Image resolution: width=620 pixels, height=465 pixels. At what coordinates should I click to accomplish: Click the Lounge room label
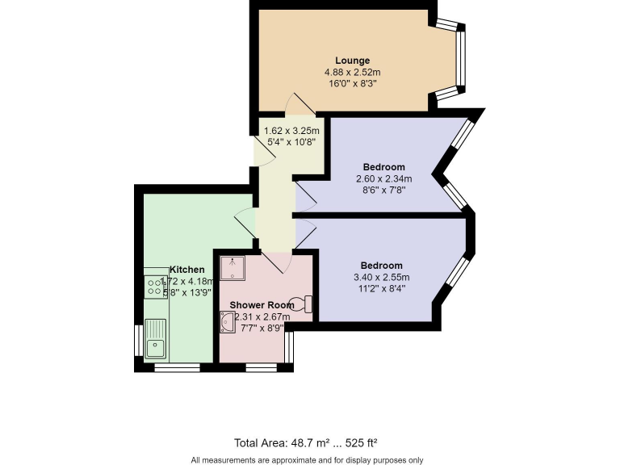[353, 61]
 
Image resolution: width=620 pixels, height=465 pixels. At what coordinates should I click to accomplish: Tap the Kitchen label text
[186, 270]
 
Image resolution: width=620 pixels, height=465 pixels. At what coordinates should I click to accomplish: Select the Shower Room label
[262, 305]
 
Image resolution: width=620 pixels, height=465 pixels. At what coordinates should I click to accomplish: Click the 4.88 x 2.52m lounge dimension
[353, 72]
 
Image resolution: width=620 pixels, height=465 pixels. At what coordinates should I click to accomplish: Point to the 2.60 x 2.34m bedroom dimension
[384, 179]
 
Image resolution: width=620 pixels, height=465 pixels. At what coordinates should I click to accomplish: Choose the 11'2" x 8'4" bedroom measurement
[381, 289]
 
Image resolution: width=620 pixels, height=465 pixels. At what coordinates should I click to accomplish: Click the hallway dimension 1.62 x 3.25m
[291, 131]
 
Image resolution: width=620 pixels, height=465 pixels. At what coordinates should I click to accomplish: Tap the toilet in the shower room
[305, 304]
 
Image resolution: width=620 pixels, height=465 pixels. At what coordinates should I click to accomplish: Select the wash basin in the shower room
[226, 322]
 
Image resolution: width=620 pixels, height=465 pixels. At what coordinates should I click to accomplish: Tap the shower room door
[276, 260]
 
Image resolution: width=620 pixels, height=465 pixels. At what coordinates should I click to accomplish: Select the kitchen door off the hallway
[245, 219]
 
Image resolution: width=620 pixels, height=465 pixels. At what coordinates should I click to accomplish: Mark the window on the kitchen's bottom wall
[177, 367]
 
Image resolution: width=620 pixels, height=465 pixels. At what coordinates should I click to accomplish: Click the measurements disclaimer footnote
[307, 460]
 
